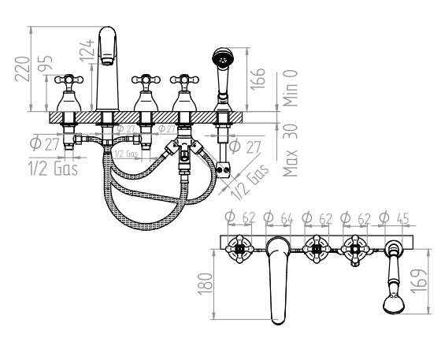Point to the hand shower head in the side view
224,58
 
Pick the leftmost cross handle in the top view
239,251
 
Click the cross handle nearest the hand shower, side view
186,81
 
